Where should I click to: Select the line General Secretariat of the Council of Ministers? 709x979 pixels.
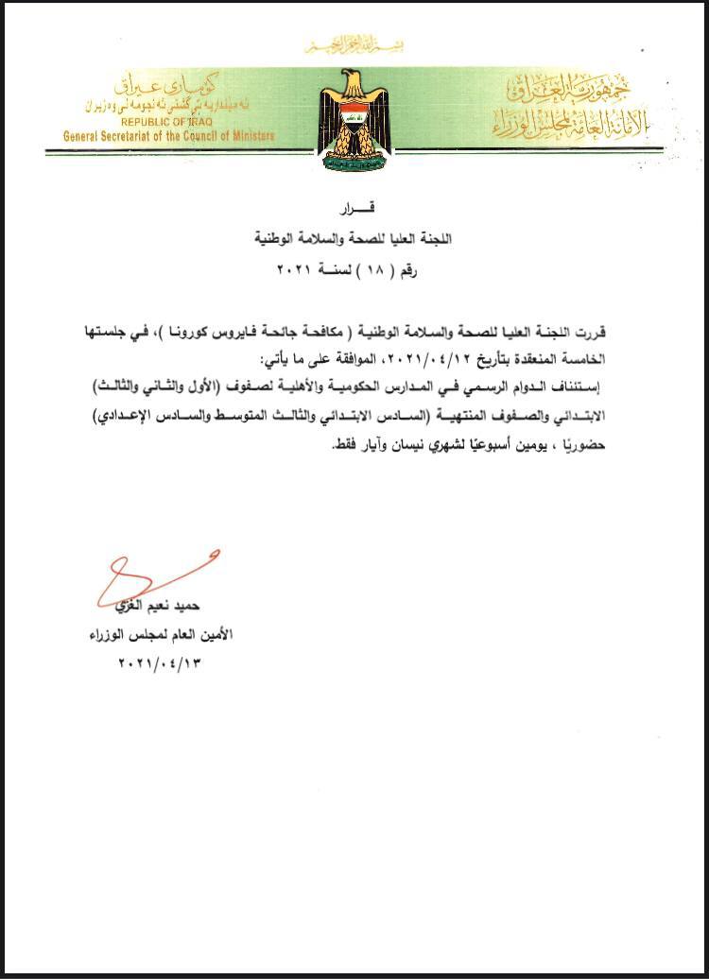pos(169,136)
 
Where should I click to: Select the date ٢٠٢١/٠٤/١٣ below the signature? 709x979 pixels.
pos(160,662)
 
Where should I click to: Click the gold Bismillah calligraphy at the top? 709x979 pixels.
pos(354,45)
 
